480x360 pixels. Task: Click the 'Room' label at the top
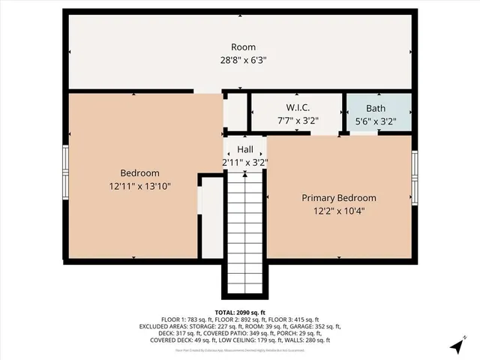pos(243,46)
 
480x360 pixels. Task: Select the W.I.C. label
pos(298,107)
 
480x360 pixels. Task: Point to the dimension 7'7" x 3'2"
pos(298,119)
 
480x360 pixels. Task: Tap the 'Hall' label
pos(244,149)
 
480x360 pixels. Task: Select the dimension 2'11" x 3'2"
pos(244,161)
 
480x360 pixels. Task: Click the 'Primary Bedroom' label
pos(339,198)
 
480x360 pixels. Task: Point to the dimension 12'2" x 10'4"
pos(339,211)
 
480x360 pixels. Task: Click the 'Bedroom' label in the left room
pos(139,172)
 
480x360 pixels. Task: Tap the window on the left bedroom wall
pos(66,169)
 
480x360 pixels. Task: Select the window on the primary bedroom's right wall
pos(414,177)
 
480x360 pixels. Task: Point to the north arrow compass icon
pos(457,346)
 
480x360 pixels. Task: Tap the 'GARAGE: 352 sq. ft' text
pos(316,327)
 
